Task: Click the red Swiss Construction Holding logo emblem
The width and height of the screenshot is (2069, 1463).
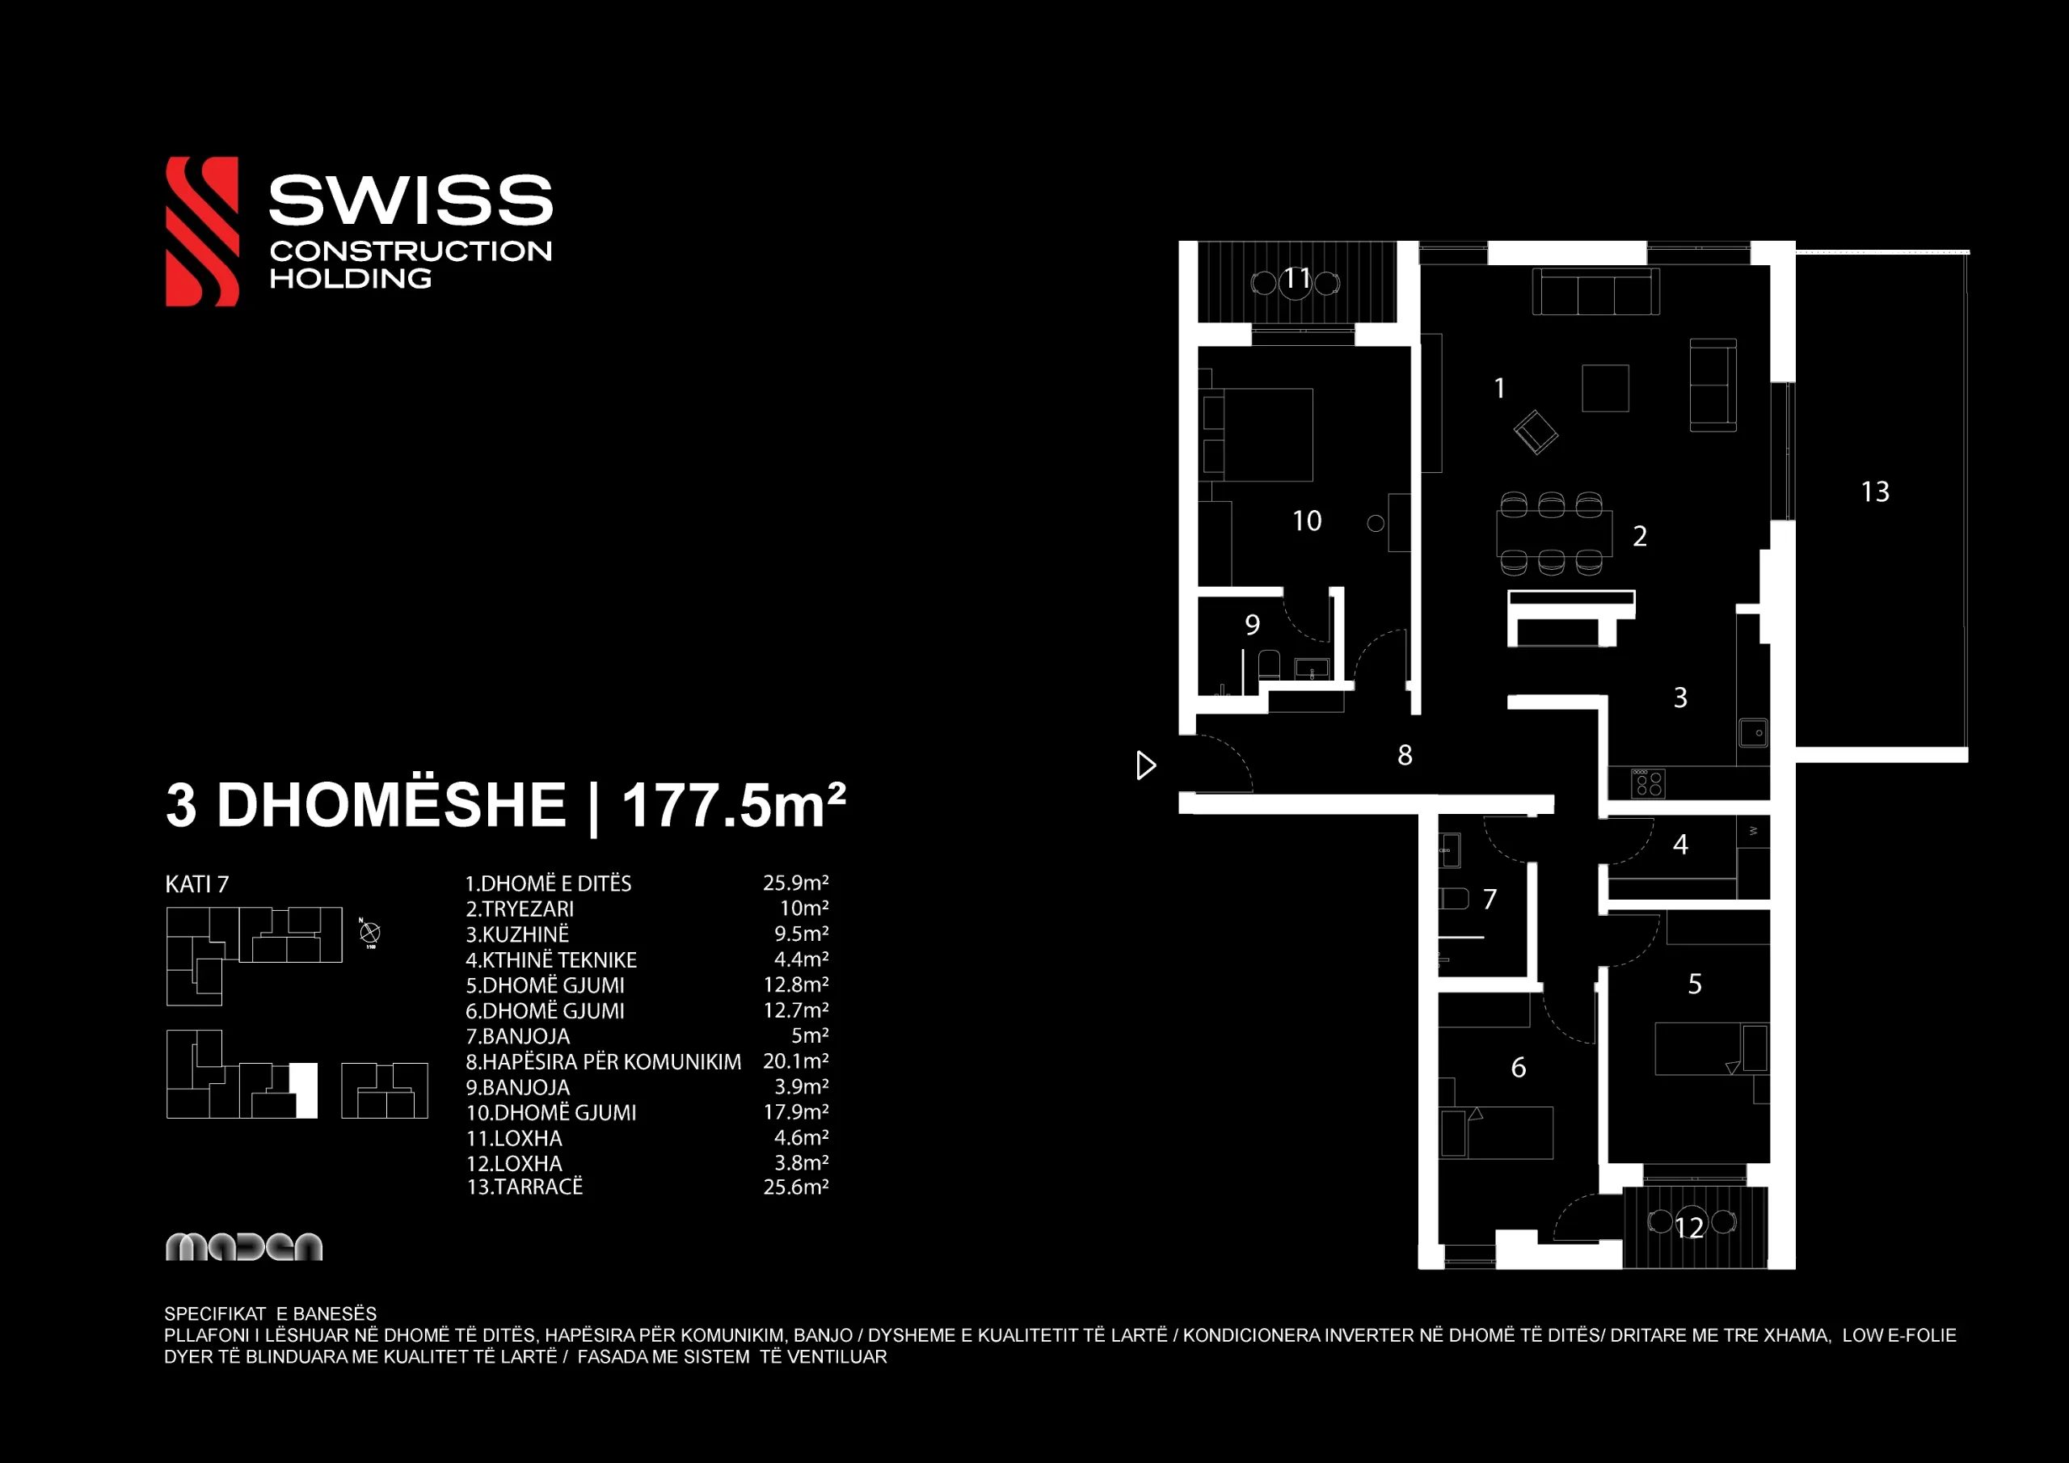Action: point(202,232)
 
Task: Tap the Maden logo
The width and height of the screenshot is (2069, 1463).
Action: point(244,1246)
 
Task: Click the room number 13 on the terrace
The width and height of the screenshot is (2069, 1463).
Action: point(1875,492)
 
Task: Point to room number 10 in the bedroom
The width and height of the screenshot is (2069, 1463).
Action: point(1307,521)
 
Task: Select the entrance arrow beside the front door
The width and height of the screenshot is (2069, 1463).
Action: point(1145,765)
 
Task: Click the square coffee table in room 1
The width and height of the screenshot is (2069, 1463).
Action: point(1605,388)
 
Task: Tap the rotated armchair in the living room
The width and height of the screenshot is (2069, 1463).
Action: point(1536,432)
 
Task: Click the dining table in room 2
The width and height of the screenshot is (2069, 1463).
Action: point(1554,533)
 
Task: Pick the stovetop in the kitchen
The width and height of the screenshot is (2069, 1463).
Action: point(1648,783)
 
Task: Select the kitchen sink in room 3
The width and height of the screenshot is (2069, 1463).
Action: point(1753,732)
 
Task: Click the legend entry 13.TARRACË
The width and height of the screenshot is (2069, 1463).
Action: point(525,1187)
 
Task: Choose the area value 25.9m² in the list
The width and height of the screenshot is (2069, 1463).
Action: point(796,883)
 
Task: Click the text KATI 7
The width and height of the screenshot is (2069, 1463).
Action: point(196,884)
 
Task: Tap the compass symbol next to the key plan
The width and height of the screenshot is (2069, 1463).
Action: point(369,933)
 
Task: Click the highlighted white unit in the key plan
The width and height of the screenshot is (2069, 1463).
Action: point(305,1090)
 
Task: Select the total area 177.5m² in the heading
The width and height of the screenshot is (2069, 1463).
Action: point(734,804)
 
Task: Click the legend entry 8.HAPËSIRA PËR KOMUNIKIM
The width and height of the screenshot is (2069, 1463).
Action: point(604,1062)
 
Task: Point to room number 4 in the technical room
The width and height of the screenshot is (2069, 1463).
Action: point(1680,845)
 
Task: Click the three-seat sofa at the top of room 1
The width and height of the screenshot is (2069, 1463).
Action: point(1596,291)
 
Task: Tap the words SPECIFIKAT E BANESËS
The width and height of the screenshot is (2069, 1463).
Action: point(270,1313)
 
